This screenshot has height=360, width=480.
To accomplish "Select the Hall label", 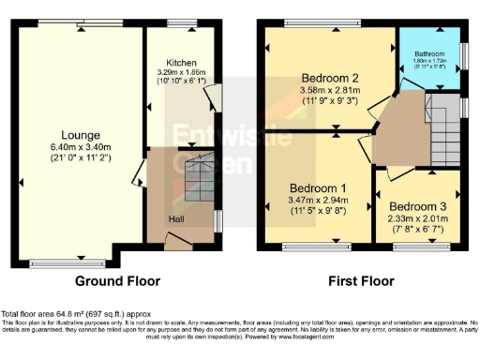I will click(176, 218).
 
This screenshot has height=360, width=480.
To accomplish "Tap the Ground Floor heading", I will click(118, 280).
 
